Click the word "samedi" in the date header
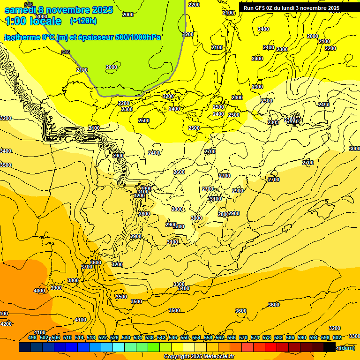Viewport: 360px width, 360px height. [21, 10]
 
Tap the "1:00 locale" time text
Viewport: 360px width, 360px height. [33, 21]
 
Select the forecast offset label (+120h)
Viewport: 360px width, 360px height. [83, 21]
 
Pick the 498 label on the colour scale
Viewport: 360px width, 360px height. [32, 337]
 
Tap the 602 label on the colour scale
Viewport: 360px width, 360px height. [337, 337]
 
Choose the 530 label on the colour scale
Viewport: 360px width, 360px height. [126, 337]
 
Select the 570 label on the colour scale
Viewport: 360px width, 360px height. [243, 337]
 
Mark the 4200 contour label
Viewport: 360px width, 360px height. [6, 324]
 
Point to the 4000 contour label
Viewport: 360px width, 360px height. [39, 291]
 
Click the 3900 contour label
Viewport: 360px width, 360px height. [56, 288]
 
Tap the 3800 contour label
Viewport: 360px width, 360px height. [73, 280]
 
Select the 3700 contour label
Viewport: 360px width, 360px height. [87, 266]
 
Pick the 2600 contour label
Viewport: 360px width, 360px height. [179, 172]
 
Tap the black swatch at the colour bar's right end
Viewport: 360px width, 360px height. [330, 347]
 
